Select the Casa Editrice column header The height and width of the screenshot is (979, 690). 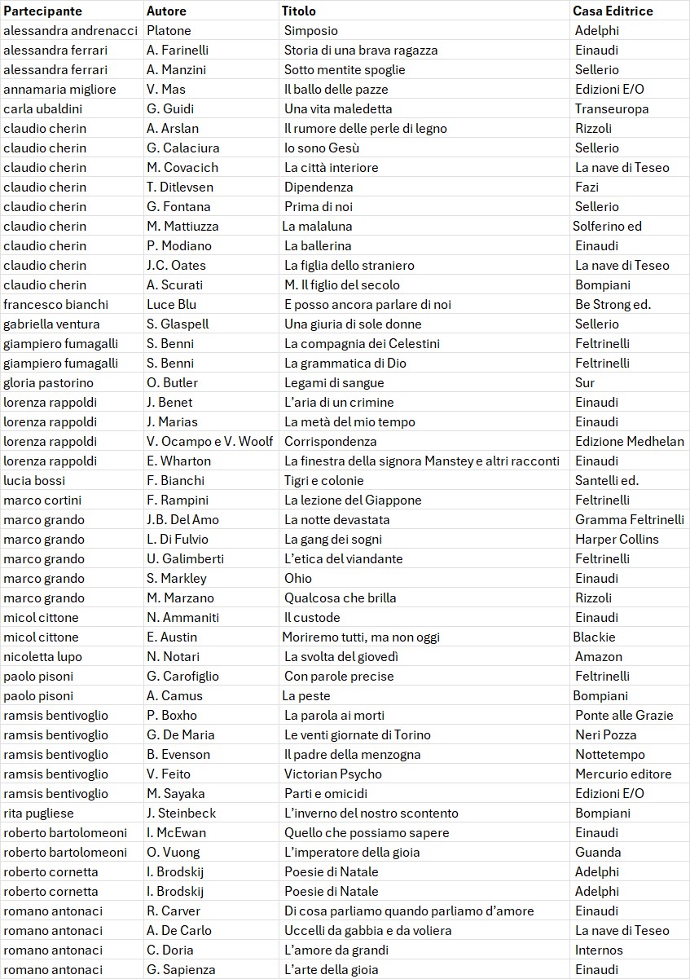613,11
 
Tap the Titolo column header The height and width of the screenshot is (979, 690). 298,11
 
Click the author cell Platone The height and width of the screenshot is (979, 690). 169,30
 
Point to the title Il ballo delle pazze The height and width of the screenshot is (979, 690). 336,89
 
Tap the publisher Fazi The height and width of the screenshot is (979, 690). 587,187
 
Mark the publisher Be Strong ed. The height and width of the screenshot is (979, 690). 613,304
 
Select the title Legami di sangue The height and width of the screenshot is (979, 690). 333,382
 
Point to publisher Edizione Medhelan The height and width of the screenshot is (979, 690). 629,441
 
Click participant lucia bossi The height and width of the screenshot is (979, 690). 34,480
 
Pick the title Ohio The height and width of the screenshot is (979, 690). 297,578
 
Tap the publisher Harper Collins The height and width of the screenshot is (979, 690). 617,539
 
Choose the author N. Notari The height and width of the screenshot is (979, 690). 171,656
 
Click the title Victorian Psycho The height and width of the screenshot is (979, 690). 332,774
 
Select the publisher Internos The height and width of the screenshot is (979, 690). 599,950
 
